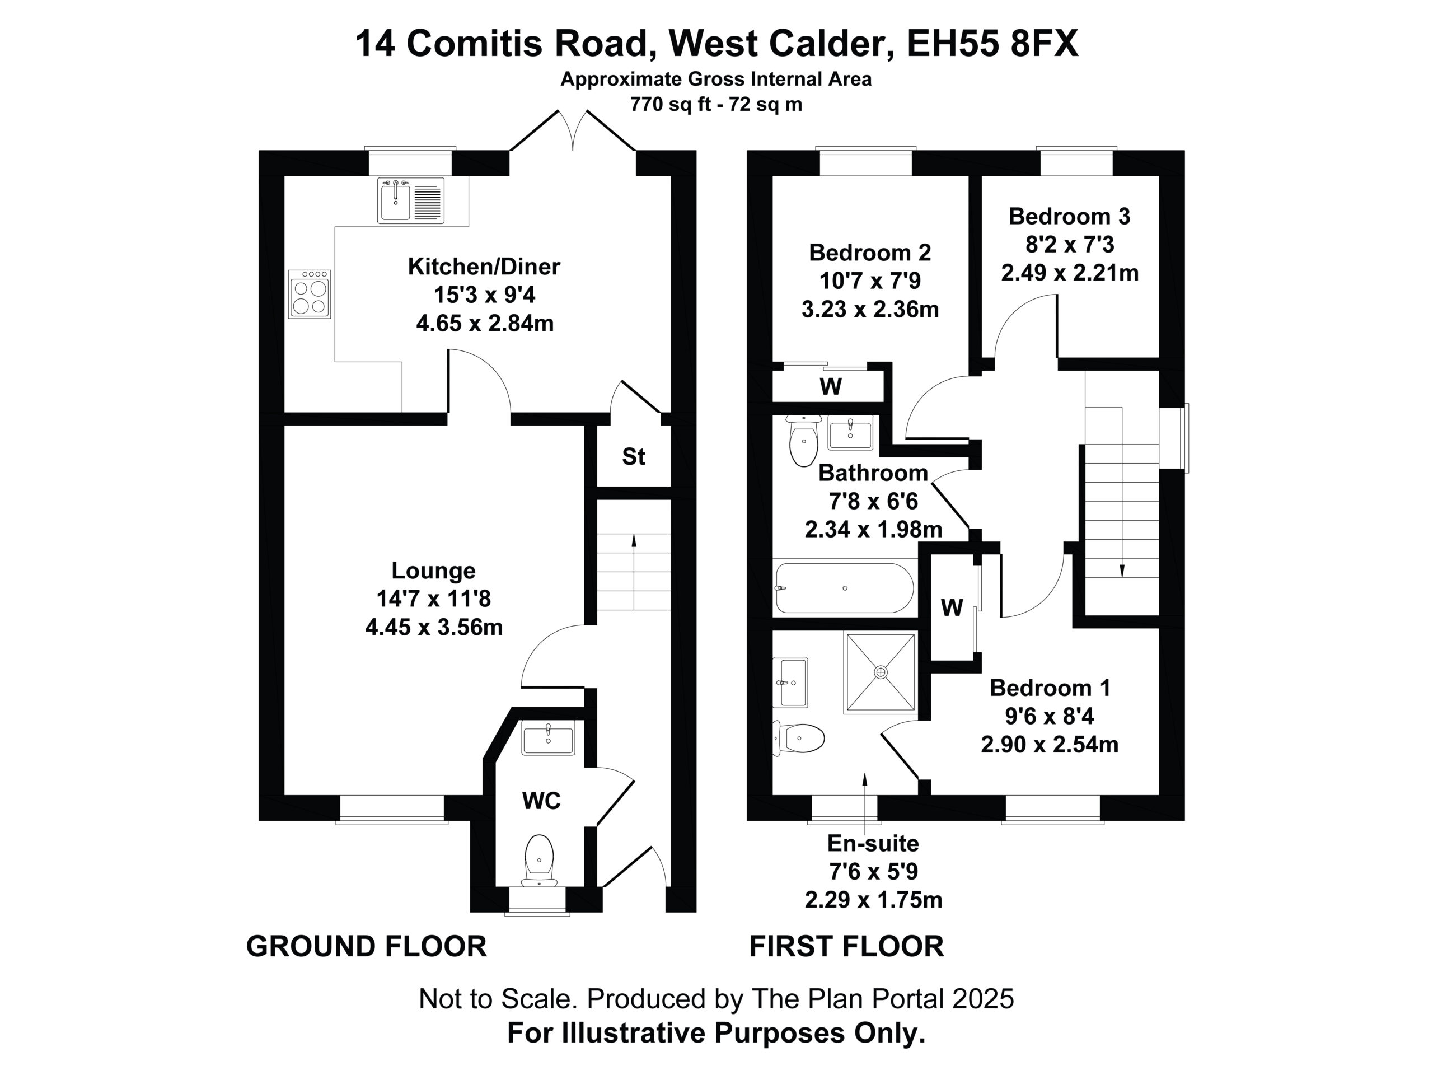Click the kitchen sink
(411, 201)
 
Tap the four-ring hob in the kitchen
(309, 294)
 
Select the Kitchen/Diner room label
(484, 267)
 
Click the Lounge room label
(433, 571)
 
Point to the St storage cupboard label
(634, 457)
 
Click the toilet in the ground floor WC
(539, 860)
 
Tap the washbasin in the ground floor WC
(548, 739)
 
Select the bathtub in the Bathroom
(844, 588)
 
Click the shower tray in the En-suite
(881, 672)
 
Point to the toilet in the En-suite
(799, 739)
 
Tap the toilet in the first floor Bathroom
(803, 441)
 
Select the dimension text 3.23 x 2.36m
(870, 310)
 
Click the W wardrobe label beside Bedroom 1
(952, 608)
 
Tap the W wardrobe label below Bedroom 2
(831, 387)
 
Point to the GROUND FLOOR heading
(367, 947)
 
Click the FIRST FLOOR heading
(847, 947)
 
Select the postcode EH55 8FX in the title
(992, 44)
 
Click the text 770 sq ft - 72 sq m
(716, 104)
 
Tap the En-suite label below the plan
(873, 844)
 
